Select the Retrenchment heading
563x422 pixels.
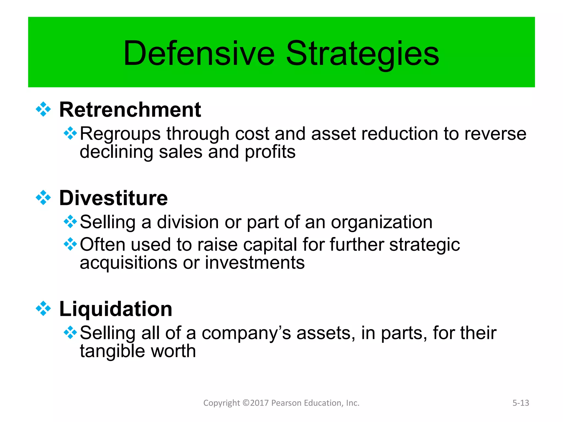click(x=130, y=110)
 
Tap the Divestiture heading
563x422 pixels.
click(x=113, y=198)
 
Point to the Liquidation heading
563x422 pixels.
click(x=116, y=309)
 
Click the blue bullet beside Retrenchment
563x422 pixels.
click(x=43, y=109)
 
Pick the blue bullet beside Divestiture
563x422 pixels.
click(x=43, y=198)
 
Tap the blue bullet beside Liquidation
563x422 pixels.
click(x=43, y=309)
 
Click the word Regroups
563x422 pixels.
click(x=120, y=134)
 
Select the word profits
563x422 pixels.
click(x=270, y=152)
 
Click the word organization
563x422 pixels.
click(x=382, y=222)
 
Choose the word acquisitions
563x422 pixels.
click(x=128, y=263)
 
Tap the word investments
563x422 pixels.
click(x=255, y=263)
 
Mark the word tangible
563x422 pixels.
click(x=112, y=351)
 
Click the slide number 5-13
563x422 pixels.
click(x=521, y=403)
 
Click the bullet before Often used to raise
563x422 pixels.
click(x=70, y=244)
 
